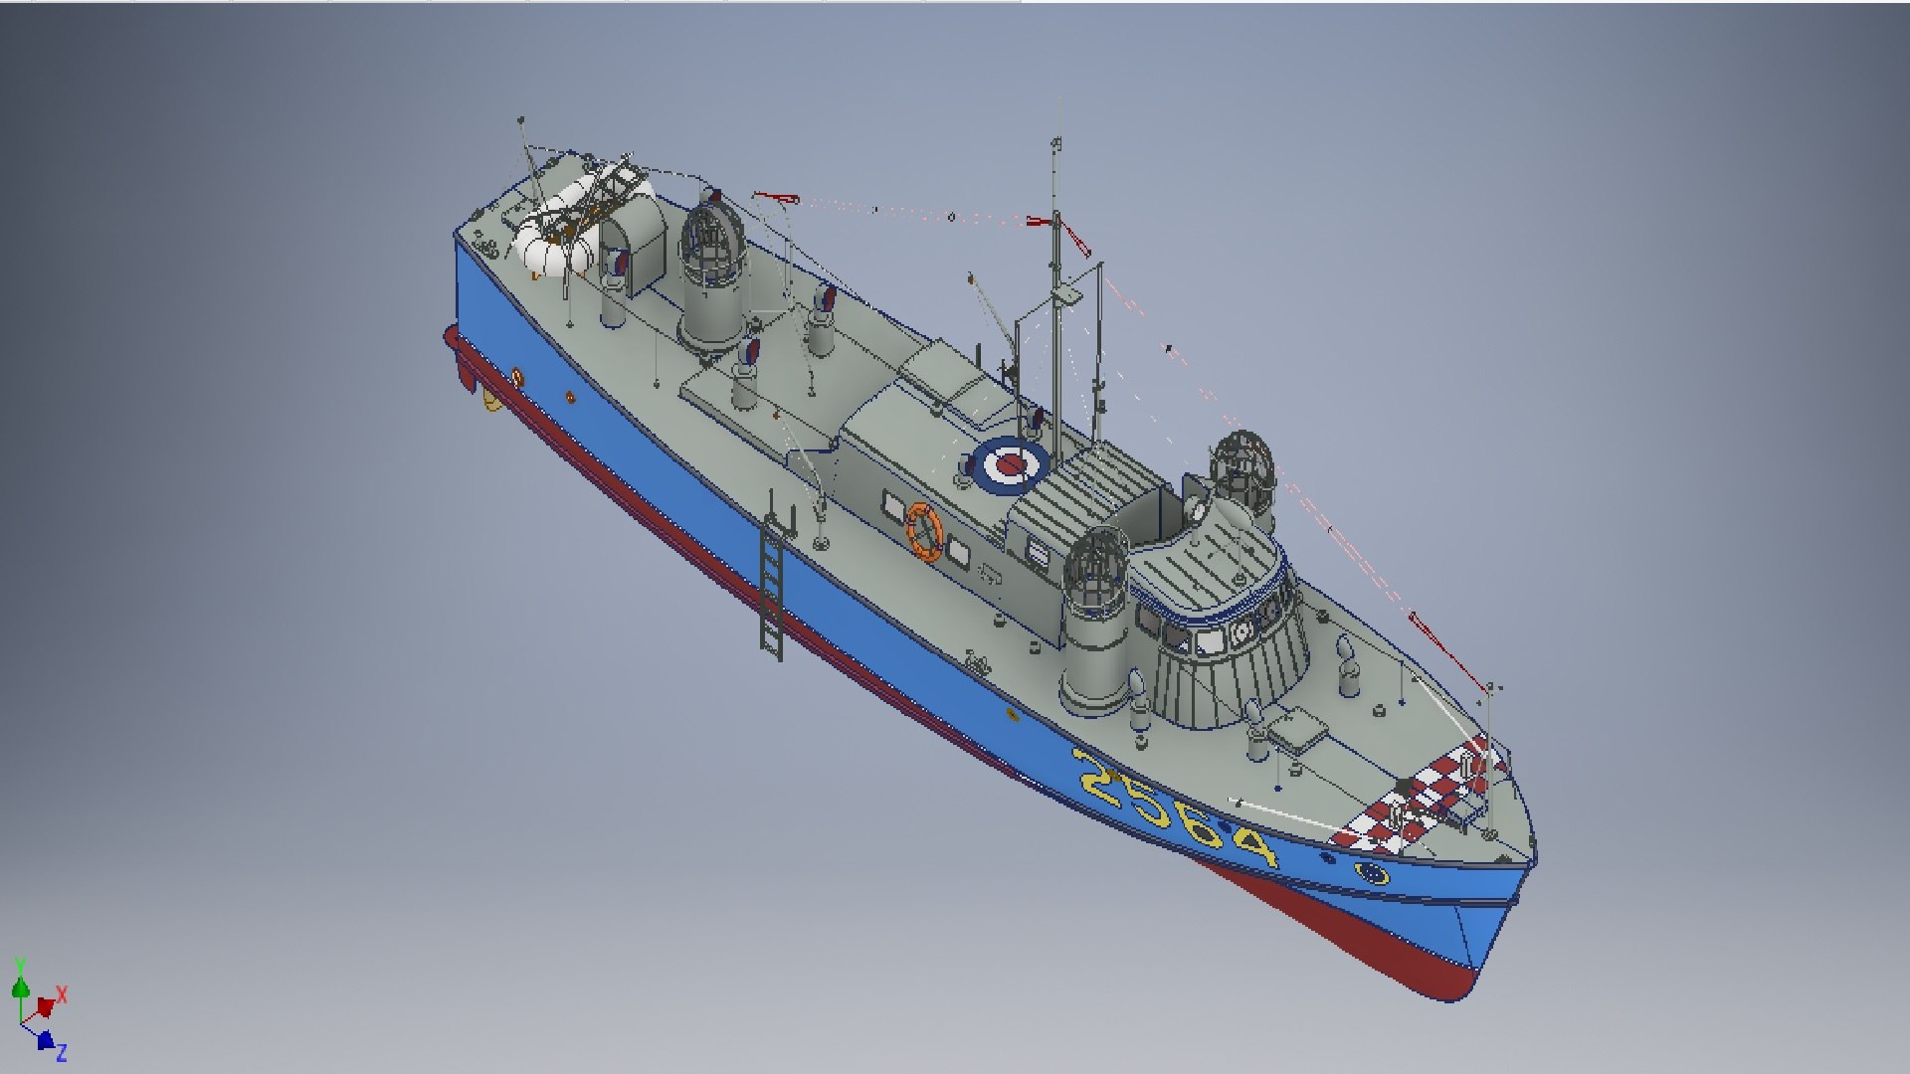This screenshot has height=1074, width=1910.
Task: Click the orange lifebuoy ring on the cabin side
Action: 923,532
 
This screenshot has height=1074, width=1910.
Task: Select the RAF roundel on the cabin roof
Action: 1009,463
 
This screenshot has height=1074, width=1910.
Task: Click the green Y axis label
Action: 19,965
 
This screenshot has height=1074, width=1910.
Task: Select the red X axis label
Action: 62,994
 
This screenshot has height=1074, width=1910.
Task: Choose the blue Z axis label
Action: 61,1052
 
